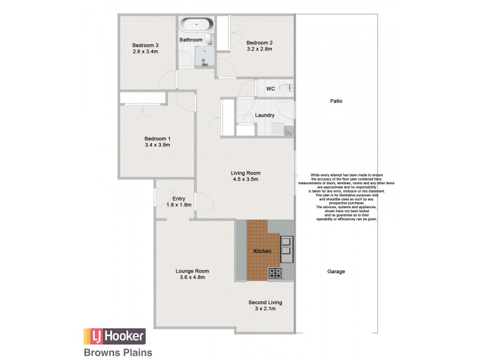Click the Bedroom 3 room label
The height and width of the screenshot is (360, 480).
point(145,45)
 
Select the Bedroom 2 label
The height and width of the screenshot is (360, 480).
point(259,43)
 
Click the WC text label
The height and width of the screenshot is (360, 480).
point(271,89)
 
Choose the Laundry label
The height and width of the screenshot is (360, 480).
point(265,115)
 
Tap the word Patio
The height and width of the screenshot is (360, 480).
point(336,101)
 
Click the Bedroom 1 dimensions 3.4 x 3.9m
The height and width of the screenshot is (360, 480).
point(157,145)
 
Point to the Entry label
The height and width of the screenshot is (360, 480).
point(179,199)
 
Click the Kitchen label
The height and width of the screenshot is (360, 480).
point(262,251)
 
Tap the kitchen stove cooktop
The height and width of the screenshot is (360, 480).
point(276,273)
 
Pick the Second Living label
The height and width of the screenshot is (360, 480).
point(265,302)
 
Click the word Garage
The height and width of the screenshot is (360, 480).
point(336,271)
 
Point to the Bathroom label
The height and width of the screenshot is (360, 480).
point(191,40)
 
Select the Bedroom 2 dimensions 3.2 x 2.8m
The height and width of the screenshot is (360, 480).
point(259,49)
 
